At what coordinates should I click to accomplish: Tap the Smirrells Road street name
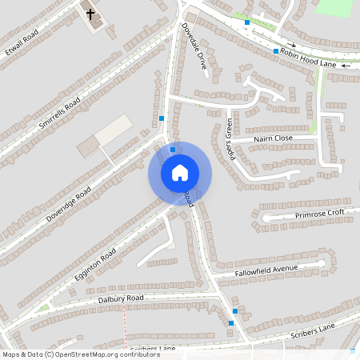[x=61, y=114]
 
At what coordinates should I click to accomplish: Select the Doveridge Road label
[x=69, y=204]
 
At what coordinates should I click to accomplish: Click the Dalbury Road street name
[x=120, y=298]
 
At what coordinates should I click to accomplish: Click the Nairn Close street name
[x=273, y=139]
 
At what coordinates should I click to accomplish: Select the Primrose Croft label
[x=318, y=214]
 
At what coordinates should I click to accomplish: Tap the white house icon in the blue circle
[x=180, y=173]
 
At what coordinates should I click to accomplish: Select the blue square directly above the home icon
[x=173, y=149]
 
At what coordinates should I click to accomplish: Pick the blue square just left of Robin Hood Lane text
[x=276, y=51]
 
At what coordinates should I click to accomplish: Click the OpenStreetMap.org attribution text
[x=80, y=354]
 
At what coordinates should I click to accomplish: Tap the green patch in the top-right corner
[x=334, y=6]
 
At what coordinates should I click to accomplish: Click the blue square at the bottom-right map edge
[x=353, y=350]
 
